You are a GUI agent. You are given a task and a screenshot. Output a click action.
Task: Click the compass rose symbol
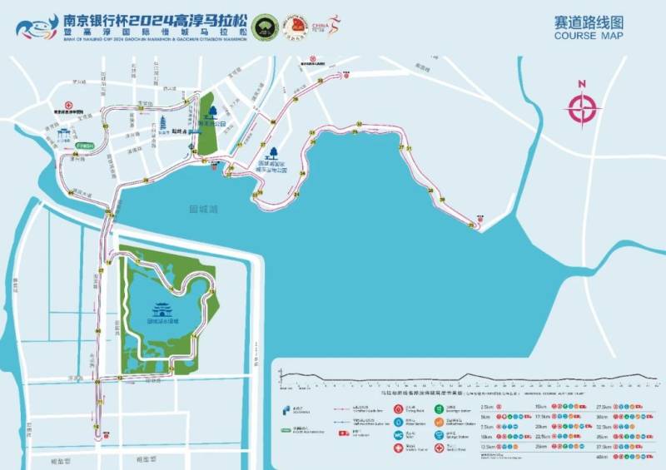583,107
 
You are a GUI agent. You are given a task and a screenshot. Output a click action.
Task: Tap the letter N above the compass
583,84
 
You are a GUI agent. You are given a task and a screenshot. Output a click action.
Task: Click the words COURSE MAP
588,36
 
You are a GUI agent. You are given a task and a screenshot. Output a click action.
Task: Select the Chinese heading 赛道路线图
588,22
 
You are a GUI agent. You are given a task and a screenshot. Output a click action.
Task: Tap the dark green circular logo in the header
265,25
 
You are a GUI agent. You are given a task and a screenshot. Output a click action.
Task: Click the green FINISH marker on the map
84,146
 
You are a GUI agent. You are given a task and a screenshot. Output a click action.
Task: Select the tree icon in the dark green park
211,111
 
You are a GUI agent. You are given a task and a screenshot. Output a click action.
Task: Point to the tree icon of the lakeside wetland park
271,155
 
